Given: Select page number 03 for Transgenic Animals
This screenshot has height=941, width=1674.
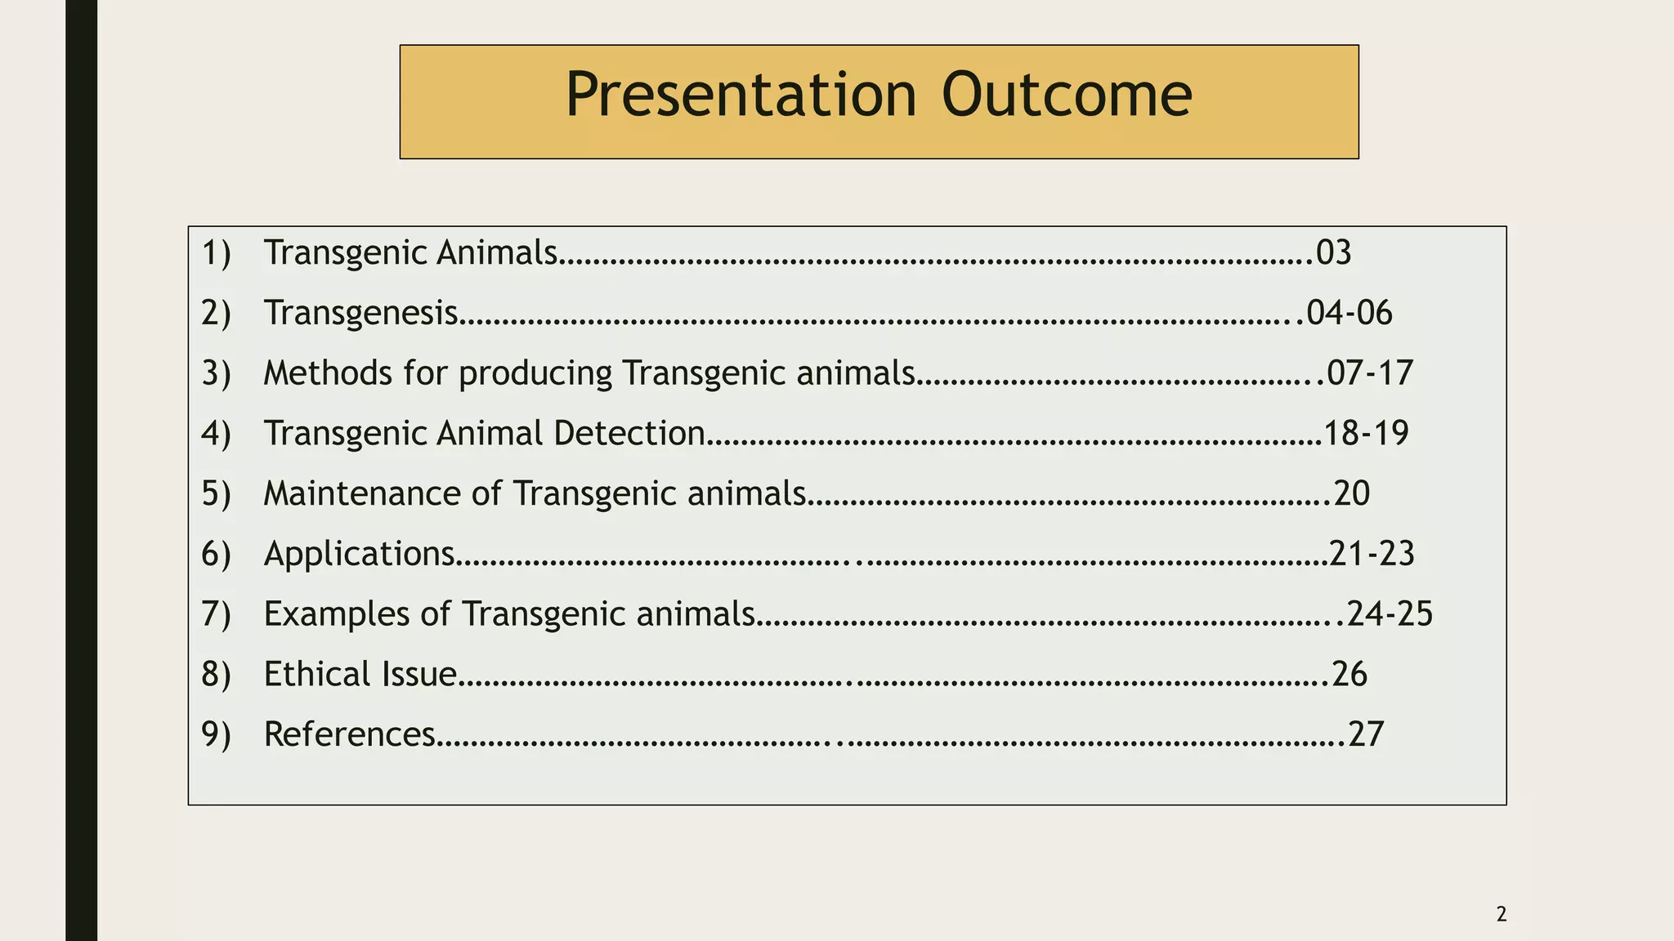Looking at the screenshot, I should coord(1333,253).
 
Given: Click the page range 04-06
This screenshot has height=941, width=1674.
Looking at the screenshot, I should coord(1349,314).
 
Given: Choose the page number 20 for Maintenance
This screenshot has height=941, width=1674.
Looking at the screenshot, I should coord(1351,494).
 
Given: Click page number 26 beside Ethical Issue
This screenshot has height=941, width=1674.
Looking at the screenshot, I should coord(1349,675).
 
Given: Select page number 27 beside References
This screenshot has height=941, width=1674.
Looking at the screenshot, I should coord(1366,735).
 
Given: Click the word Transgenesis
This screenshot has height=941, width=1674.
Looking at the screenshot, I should coord(360,314).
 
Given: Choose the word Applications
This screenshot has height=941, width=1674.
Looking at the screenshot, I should coord(359,555).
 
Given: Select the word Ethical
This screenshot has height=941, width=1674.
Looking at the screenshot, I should coord(311,675).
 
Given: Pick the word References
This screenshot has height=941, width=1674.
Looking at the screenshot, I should coord(349,735).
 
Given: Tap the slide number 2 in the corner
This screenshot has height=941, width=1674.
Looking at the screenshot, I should coord(1501,915).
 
